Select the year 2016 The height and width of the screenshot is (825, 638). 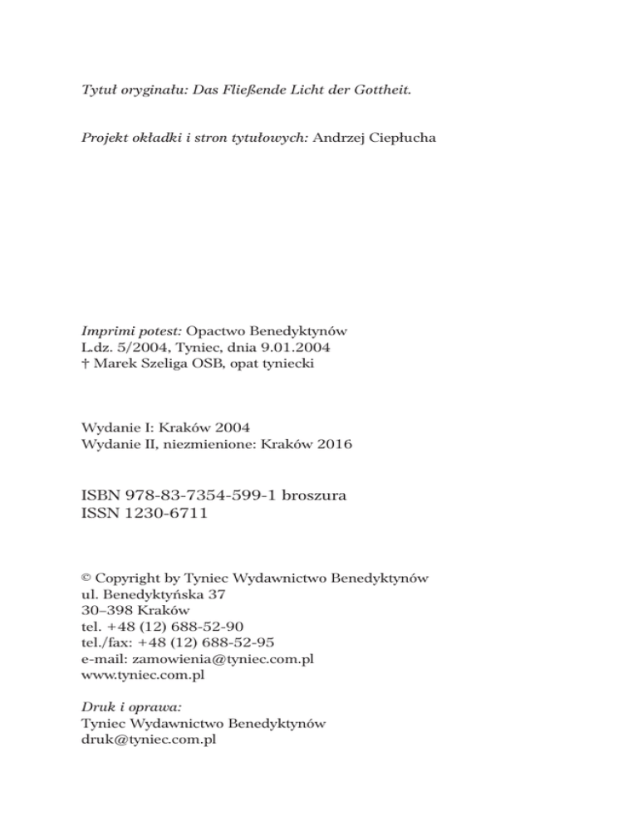click(333, 444)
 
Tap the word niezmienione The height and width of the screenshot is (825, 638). click(213, 444)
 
